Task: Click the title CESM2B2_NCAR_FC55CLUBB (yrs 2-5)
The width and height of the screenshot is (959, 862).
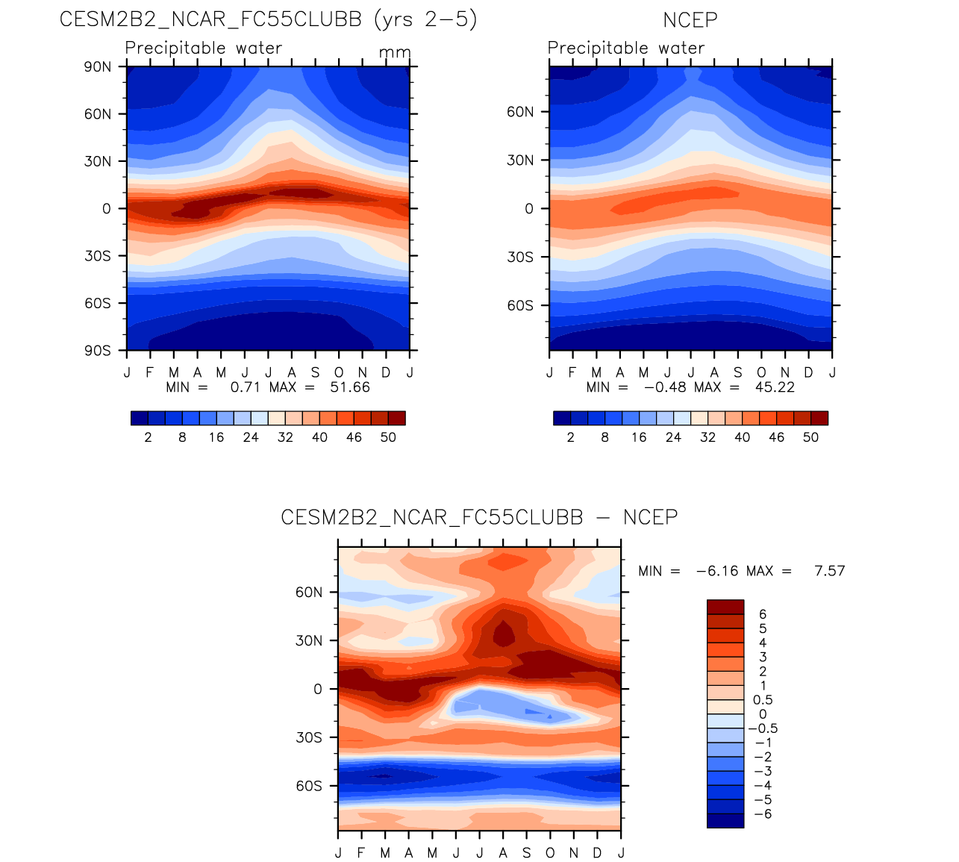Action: click(x=268, y=19)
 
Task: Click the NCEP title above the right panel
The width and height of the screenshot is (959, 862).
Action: click(x=690, y=20)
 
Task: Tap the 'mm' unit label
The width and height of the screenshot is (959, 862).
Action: click(x=395, y=53)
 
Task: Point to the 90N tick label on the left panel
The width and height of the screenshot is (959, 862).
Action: click(x=98, y=66)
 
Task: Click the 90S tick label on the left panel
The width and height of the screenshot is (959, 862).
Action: click(x=98, y=351)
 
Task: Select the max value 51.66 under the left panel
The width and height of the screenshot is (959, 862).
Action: click(x=350, y=387)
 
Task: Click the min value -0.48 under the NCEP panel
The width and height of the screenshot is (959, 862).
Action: click(x=665, y=387)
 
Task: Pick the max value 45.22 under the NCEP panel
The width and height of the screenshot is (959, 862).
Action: click(x=775, y=387)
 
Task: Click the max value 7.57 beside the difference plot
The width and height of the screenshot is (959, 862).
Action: click(x=829, y=571)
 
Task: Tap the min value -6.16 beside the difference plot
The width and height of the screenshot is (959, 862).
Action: click(x=716, y=571)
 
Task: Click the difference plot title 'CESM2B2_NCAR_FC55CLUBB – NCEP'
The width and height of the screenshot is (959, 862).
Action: click(x=479, y=517)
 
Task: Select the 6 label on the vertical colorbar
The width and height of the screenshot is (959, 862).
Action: click(x=763, y=614)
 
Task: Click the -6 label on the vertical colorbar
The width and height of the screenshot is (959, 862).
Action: click(x=763, y=813)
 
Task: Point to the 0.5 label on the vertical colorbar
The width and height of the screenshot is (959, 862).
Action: click(x=763, y=700)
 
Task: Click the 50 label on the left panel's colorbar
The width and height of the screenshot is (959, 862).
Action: click(x=388, y=437)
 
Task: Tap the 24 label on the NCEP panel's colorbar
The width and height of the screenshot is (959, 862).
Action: click(x=673, y=437)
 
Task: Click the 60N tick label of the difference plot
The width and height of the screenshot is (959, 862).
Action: click(x=309, y=593)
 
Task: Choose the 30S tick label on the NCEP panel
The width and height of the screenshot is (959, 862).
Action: click(x=520, y=257)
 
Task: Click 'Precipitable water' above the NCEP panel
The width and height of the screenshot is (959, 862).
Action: click(x=625, y=48)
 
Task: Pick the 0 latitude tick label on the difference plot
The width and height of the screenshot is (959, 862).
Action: click(x=318, y=689)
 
